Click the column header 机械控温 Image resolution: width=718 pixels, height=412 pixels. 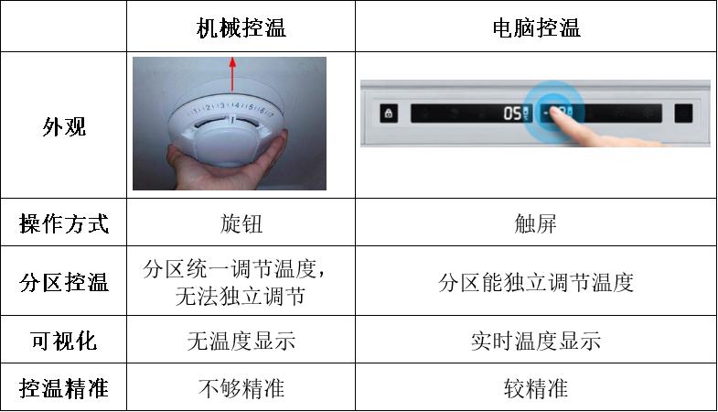[241, 27]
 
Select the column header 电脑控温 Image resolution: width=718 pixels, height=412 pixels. [536, 27]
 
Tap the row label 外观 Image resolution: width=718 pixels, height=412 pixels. [64, 126]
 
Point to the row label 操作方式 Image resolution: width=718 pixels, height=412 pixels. [64, 223]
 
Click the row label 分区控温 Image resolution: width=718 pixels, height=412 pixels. [64, 282]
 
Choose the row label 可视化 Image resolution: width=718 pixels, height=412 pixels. [64, 342]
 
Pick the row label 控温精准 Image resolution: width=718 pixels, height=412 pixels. [64, 388]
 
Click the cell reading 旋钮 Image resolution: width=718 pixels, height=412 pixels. [241, 223]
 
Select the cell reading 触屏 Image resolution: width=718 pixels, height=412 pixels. [536, 223]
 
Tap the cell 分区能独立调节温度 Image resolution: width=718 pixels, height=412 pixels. [536, 282]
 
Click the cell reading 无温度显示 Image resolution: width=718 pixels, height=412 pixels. [241, 342]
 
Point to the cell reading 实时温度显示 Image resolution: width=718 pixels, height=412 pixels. [536, 342]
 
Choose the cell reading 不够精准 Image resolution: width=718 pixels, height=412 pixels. [241, 388]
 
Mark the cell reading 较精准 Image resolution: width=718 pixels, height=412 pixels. [536, 388]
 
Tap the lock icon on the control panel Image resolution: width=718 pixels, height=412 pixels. [388, 114]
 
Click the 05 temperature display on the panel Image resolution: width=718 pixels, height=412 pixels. [515, 114]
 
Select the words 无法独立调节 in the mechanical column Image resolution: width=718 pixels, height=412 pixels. [241, 296]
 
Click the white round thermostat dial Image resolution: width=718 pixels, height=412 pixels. [229, 128]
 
